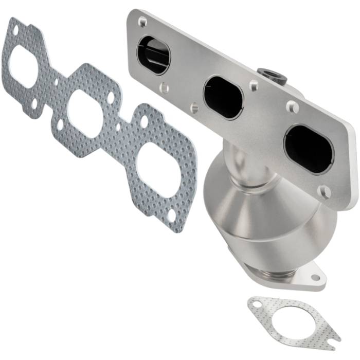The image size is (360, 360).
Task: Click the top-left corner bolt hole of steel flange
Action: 142,22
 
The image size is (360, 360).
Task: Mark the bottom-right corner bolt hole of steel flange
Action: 324,191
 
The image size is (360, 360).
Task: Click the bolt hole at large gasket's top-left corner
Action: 15,29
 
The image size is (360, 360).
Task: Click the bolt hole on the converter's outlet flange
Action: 315,277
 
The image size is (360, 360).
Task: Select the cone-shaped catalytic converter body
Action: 242,206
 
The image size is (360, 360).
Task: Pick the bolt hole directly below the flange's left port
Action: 164,87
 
